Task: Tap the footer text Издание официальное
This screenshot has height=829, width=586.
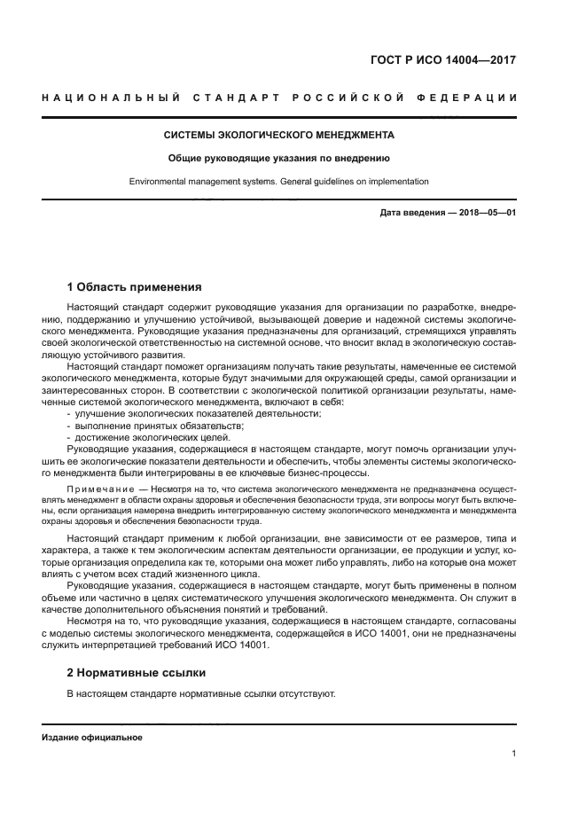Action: pyautogui.click(x=92, y=738)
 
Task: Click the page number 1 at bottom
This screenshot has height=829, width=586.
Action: pyautogui.click(x=513, y=754)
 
